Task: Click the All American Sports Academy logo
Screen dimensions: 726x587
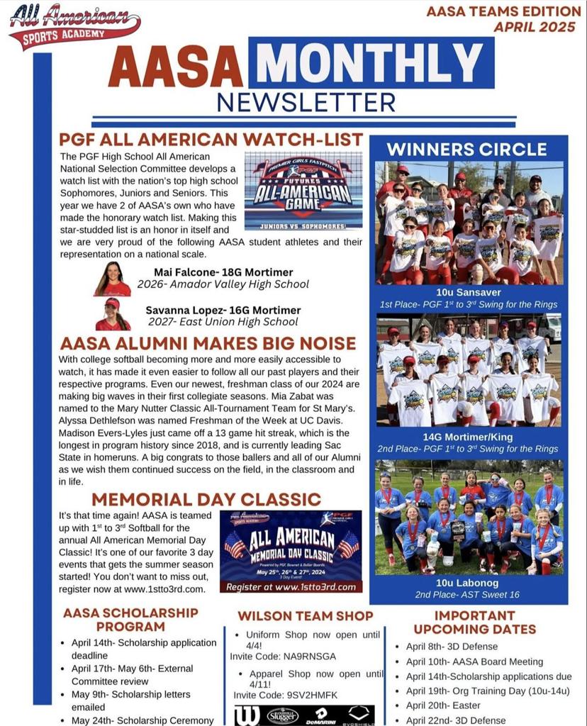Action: point(74,27)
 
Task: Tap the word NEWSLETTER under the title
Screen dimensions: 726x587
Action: point(306,102)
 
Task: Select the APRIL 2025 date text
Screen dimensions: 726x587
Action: point(536,27)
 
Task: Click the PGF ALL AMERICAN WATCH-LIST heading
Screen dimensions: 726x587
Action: point(211,140)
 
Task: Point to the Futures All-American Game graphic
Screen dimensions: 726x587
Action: point(303,191)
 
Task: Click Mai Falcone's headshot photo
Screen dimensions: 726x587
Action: point(113,279)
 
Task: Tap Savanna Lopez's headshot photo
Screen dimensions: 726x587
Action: point(113,315)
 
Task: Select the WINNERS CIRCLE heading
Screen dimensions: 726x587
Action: point(466,150)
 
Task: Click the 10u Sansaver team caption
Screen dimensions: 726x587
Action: point(468,292)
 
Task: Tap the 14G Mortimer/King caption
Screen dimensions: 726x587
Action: point(468,437)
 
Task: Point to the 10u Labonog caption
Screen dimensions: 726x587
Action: point(468,583)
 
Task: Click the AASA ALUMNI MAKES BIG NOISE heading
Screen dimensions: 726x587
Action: point(208,344)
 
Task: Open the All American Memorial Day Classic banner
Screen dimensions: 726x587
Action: point(291,551)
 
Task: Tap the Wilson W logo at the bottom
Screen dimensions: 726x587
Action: point(247,715)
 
